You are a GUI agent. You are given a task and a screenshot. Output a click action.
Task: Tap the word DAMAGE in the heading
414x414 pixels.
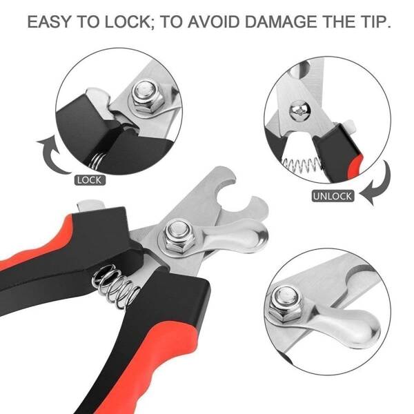[280, 21]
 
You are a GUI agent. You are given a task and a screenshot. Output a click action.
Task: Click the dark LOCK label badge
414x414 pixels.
[90, 180]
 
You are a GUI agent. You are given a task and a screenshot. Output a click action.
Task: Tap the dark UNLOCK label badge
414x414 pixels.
[333, 196]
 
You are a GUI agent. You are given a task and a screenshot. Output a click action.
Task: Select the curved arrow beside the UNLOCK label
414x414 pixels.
[376, 183]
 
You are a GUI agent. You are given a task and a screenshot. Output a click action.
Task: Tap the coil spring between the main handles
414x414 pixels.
[116, 286]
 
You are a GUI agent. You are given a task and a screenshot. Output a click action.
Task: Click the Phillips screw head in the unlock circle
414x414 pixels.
[300, 112]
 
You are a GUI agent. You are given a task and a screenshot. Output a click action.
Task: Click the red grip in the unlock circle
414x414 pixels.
[356, 166]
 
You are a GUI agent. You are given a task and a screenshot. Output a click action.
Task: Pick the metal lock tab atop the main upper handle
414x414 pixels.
[90, 205]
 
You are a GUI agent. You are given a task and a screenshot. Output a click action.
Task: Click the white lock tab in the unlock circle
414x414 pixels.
[350, 126]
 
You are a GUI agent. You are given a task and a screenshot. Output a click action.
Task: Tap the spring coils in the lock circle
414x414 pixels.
[97, 160]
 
